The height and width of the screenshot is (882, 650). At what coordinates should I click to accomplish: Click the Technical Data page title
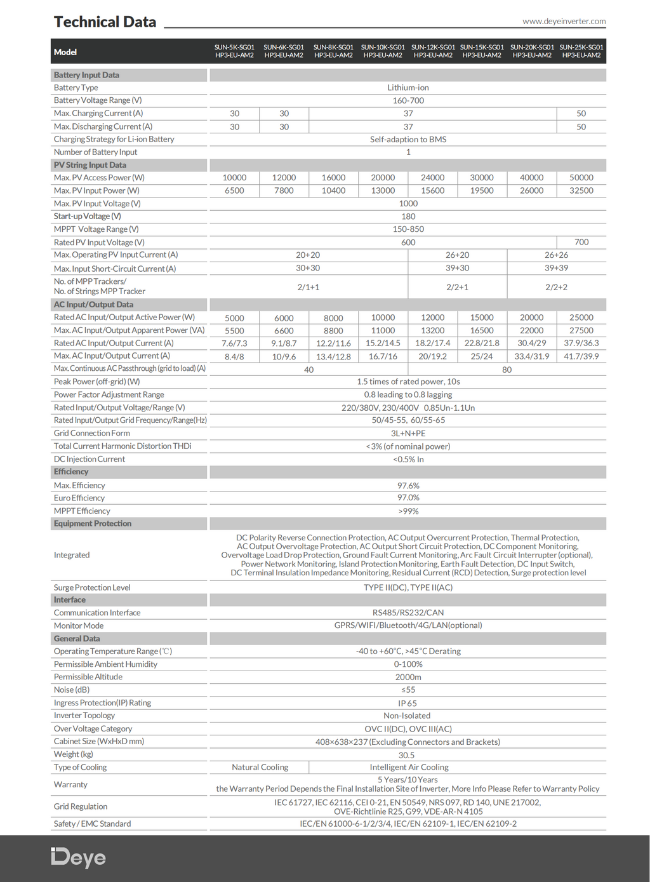tap(105, 22)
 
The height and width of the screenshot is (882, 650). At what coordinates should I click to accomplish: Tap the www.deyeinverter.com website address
tap(564, 21)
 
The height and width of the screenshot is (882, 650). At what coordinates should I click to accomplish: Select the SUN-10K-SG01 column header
tap(383, 51)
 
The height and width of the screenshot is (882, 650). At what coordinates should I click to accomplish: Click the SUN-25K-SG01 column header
tap(581, 51)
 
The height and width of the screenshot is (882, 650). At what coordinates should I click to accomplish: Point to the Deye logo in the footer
tap(78, 857)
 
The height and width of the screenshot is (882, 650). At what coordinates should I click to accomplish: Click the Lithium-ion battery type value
tap(408, 88)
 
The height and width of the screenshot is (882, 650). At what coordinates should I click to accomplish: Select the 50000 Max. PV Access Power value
tap(581, 178)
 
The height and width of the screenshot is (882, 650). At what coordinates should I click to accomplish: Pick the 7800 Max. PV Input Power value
tap(284, 190)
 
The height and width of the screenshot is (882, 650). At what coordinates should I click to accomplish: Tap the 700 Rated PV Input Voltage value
tap(581, 242)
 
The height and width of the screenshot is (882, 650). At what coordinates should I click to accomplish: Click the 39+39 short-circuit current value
tap(556, 268)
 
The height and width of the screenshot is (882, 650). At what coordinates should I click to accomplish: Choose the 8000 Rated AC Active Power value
tap(333, 318)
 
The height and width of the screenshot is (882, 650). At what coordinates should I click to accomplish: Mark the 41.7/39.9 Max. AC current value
tap(581, 356)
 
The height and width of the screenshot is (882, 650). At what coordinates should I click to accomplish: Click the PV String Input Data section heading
tap(90, 165)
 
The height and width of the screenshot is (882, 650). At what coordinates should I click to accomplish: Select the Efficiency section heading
tap(71, 472)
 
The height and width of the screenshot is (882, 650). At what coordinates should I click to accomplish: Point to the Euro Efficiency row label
tap(79, 498)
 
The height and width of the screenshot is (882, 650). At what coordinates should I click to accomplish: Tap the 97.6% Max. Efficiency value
tap(408, 486)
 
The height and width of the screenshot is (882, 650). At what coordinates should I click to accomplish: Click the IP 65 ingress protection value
tap(408, 703)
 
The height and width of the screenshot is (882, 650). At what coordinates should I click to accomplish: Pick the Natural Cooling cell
tap(260, 767)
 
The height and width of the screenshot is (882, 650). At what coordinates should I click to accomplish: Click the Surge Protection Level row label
tap(92, 587)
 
